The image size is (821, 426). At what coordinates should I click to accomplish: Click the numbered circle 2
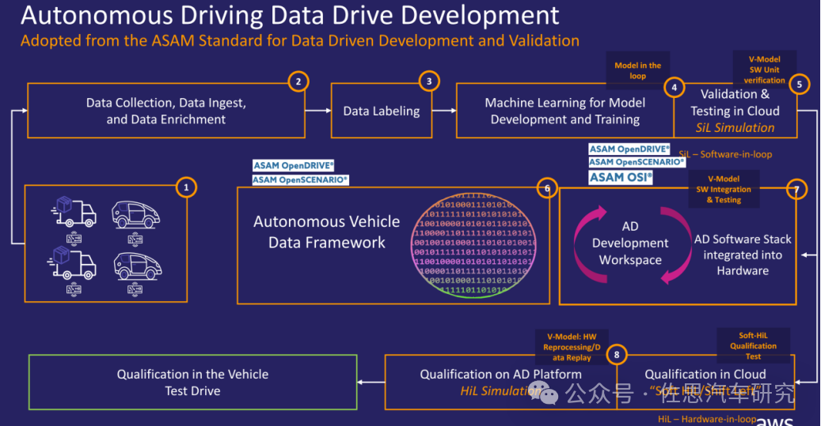[298, 81]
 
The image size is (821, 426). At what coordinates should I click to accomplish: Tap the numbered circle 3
[428, 81]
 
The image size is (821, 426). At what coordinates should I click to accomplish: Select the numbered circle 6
[545, 188]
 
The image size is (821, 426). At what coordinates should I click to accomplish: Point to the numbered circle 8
[616, 356]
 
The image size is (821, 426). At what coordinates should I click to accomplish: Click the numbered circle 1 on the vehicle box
[185, 187]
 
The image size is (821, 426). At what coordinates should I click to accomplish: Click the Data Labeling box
[382, 111]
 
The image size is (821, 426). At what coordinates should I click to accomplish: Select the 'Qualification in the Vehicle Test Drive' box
[192, 383]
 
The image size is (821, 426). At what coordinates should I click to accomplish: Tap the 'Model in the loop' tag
[637, 70]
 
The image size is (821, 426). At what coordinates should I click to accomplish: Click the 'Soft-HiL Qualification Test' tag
[753, 345]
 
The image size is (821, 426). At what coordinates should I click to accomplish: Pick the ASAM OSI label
[621, 177]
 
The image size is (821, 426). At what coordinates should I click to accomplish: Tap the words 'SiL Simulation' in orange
[735, 127]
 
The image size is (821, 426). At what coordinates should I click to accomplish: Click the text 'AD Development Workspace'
[630, 243]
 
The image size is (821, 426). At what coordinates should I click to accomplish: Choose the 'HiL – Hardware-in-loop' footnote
[706, 419]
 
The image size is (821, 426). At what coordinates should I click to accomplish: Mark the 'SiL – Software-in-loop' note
[725, 154]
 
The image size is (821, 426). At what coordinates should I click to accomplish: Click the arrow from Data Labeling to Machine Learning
[444, 111]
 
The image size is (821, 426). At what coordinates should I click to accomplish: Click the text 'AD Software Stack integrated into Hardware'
[743, 254]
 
